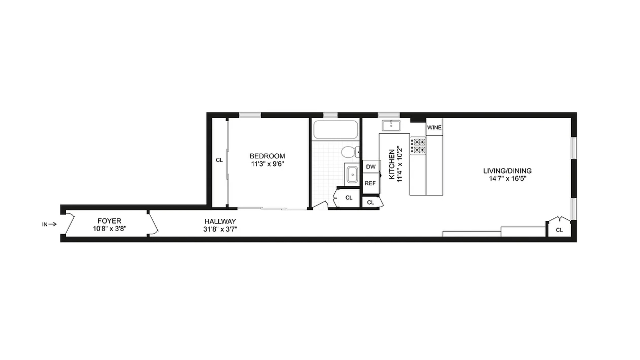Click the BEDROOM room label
click(x=267, y=156)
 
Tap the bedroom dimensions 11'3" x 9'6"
click(x=267, y=164)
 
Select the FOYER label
click(x=109, y=221)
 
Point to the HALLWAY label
click(x=220, y=221)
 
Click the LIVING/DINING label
click(x=507, y=171)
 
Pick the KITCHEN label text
click(x=392, y=164)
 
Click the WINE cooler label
click(x=434, y=127)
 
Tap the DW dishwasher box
click(x=371, y=167)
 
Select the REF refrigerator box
click(x=370, y=183)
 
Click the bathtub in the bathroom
click(x=336, y=130)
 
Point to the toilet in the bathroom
click(x=350, y=152)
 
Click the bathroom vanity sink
click(x=352, y=175)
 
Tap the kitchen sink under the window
click(x=391, y=126)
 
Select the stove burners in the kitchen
click(x=418, y=146)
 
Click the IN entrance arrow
click(x=49, y=224)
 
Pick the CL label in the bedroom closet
click(x=219, y=160)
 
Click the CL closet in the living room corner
click(x=559, y=230)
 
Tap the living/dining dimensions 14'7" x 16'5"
click(x=507, y=179)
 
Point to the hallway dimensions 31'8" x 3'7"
click(x=220, y=229)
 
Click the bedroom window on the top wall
click(x=250, y=115)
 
